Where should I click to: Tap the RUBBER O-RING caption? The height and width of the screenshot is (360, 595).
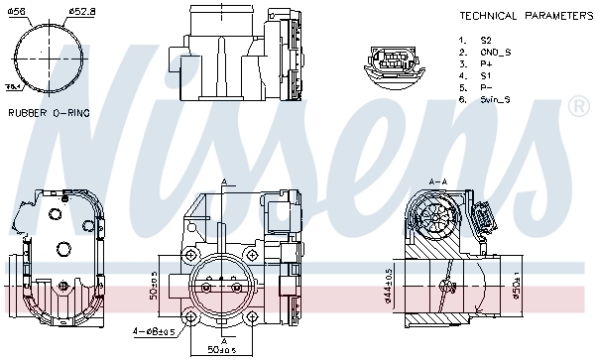(x=49, y=113)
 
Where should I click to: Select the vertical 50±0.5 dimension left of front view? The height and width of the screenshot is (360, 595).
(x=154, y=285)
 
